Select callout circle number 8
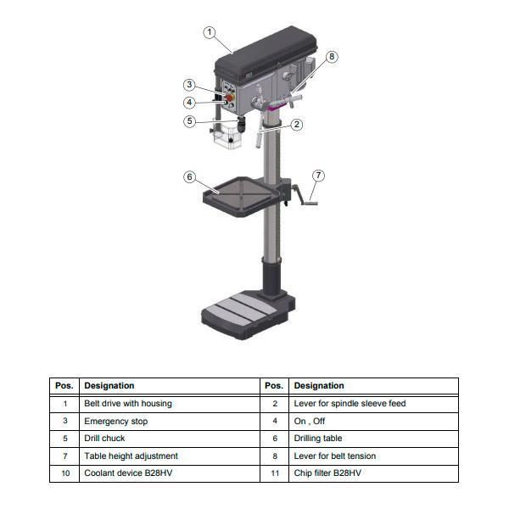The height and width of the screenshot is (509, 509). (x=332, y=56)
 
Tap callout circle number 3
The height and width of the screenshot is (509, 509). (x=190, y=85)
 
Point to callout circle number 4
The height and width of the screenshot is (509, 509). (x=190, y=103)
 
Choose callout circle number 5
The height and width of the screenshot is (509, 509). (x=190, y=121)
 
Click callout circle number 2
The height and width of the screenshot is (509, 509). (x=297, y=124)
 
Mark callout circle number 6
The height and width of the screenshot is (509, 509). (x=190, y=176)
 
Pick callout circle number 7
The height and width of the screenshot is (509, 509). (x=319, y=176)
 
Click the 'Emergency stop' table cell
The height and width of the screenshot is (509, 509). (x=169, y=421)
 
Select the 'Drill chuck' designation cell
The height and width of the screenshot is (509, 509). (x=169, y=439)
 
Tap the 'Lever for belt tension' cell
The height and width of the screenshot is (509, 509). (x=373, y=456)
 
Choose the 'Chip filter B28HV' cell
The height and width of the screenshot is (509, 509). (x=373, y=473)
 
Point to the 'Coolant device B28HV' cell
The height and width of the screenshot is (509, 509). (x=169, y=473)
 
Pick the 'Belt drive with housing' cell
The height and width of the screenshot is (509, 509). (x=169, y=404)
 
